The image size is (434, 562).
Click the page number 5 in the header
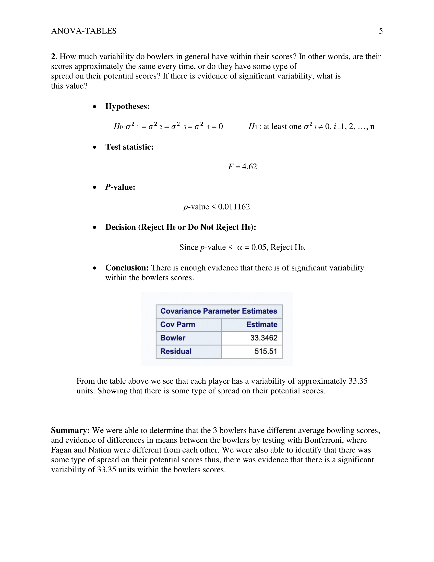pos(381,31)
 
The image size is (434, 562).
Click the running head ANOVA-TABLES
pos(84,31)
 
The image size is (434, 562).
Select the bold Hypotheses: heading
pos(127,106)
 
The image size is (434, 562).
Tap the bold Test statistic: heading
pos(129,147)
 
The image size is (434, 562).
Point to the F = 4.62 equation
pos(243,167)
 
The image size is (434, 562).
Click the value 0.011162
pos(234,207)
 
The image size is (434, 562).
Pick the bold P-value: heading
pos(120,187)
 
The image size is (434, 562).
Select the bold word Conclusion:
pos(127,268)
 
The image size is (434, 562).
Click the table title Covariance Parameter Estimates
pos(219,311)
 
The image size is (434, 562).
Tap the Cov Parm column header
pos(178,324)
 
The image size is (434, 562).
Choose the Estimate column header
pos(262,324)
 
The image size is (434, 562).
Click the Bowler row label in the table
pos(173,338)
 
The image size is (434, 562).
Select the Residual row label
pos(176,351)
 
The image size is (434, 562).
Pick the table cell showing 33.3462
pos(264,338)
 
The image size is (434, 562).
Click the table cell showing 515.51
pos(266,351)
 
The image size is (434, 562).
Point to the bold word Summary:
pos(70,430)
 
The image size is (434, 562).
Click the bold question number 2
pos(53,56)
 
